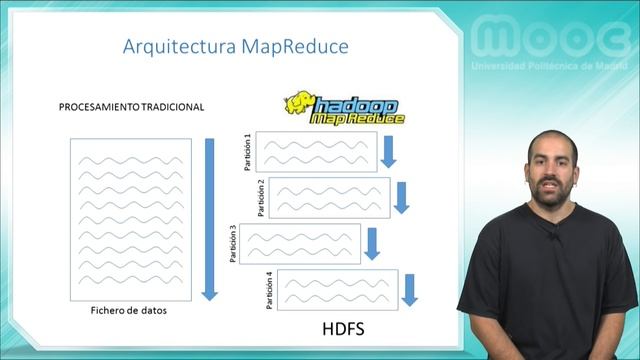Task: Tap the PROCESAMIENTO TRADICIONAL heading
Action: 131,107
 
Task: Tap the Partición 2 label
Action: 261,197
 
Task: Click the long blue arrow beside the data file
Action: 209,218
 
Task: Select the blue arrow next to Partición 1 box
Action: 389,151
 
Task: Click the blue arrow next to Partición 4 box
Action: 409,289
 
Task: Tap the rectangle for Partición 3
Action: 301,244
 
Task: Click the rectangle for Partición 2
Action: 329,197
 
